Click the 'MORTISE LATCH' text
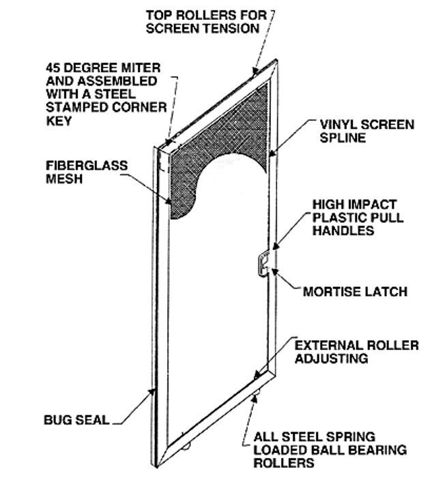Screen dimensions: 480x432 point(355,292)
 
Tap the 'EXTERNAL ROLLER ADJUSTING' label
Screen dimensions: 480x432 point(355,352)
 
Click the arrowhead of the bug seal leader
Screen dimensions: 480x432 point(154,391)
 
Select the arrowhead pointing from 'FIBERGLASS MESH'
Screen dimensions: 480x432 point(170,202)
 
